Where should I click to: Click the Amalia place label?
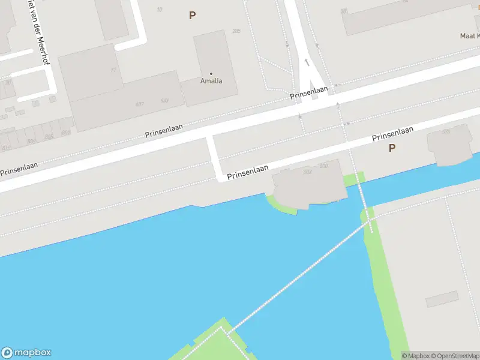(x=211, y=81)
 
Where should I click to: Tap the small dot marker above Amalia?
(x=211, y=74)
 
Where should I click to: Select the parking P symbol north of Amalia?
(x=192, y=16)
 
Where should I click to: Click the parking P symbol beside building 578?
(x=392, y=148)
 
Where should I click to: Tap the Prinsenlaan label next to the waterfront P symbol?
(x=393, y=134)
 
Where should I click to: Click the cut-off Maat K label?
(x=469, y=35)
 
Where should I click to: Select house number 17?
(x=113, y=70)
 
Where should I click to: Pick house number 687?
(x=140, y=104)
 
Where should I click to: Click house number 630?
(x=164, y=100)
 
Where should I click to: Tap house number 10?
(x=159, y=9)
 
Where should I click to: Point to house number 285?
(x=236, y=31)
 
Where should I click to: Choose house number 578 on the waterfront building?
(x=445, y=131)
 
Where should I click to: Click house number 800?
(x=324, y=166)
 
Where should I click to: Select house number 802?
(x=308, y=172)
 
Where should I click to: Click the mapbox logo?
(x=26, y=352)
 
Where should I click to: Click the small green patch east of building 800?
(x=353, y=179)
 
